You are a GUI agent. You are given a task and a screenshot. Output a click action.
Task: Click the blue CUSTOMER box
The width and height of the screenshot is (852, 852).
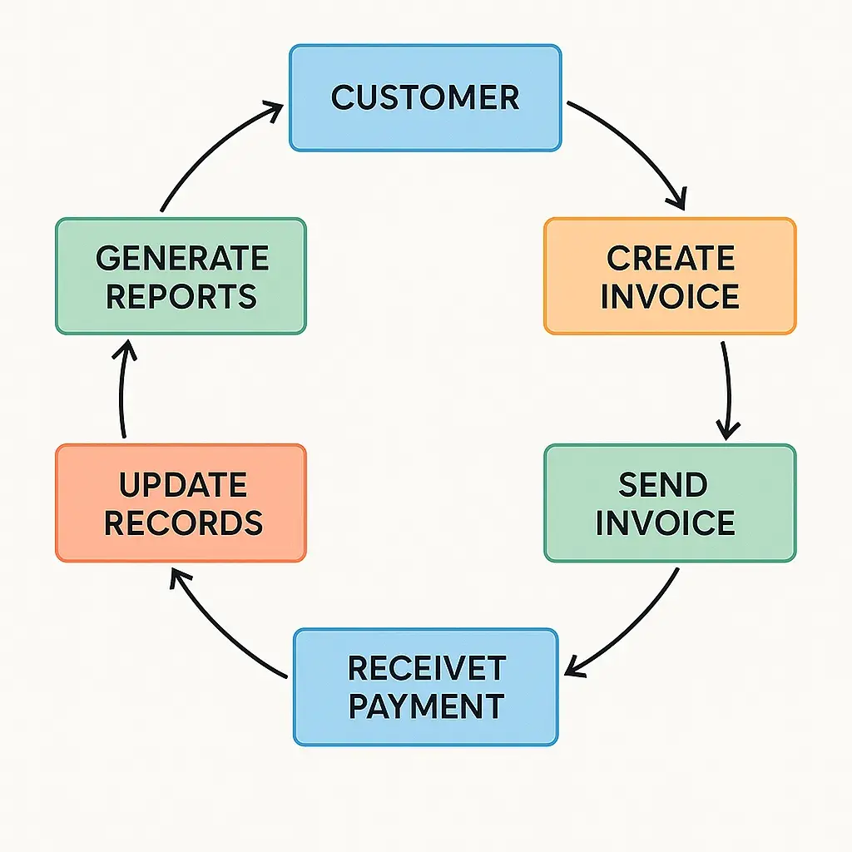[x=424, y=98]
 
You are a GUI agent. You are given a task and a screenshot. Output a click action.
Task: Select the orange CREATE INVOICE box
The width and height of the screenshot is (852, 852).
[x=670, y=276]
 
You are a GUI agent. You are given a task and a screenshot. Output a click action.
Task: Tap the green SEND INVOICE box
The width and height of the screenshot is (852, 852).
[x=670, y=503]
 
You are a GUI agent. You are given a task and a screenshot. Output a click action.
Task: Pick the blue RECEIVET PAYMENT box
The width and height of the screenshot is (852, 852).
[x=425, y=686]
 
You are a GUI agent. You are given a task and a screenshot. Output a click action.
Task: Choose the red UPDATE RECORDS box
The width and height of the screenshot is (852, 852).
[x=181, y=503]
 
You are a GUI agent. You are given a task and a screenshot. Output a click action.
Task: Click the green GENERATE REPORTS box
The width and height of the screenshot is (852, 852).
[x=181, y=276]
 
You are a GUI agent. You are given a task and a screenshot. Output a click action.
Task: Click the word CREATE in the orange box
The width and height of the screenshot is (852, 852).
[x=670, y=258]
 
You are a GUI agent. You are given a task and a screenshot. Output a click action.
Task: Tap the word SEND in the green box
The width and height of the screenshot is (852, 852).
[x=663, y=484]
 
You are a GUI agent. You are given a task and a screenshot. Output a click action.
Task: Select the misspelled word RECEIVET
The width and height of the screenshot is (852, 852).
[x=425, y=668]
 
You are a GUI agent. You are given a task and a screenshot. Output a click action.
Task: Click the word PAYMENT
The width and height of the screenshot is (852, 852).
[x=425, y=706]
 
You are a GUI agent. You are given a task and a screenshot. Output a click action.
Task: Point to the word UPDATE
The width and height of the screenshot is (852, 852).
[x=182, y=484]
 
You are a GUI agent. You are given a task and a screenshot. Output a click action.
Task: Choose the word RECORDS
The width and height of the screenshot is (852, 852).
[x=183, y=523]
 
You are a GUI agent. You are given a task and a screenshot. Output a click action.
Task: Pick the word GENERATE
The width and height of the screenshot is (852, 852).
[x=182, y=258]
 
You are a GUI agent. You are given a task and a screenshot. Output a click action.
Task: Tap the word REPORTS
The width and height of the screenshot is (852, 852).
[x=181, y=296]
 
